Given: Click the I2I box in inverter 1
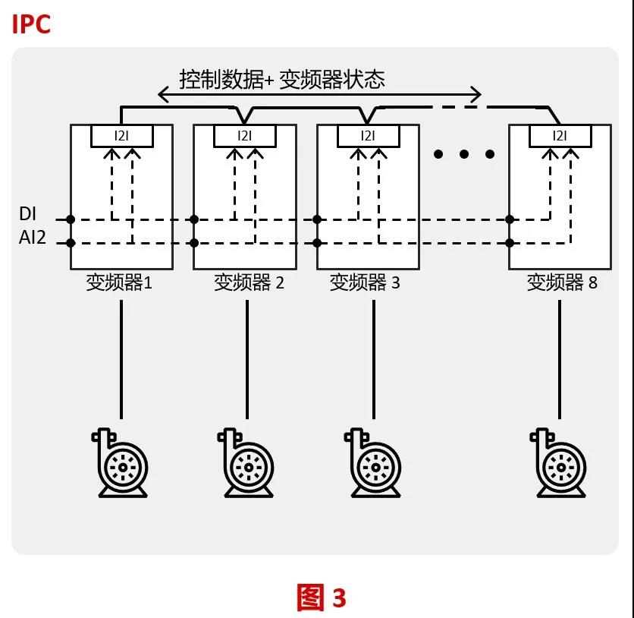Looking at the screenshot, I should (x=121, y=136).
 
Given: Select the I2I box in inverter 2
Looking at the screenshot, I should (x=244, y=136).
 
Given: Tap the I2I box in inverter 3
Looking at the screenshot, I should (x=367, y=136).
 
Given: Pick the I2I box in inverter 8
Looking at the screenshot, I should (x=559, y=136).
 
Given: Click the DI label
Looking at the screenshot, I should (x=27, y=215).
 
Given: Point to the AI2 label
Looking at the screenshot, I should (x=33, y=238).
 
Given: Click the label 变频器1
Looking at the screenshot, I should (x=119, y=283).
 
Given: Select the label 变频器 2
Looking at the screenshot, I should (x=249, y=283).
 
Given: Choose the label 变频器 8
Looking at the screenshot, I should (x=562, y=283).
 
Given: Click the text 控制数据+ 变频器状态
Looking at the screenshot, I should (x=281, y=79).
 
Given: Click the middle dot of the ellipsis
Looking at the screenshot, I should (x=464, y=154).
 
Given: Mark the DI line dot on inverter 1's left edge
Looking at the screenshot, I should (x=71, y=219).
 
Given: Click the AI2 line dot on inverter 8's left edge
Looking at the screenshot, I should (x=510, y=243).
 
